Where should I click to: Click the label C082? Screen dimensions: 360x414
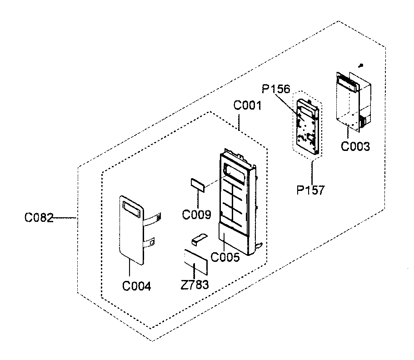[x=39, y=219]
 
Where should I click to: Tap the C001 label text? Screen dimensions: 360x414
[x=247, y=106]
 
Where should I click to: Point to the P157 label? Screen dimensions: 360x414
[x=311, y=190]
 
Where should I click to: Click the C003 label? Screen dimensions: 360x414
[x=356, y=146]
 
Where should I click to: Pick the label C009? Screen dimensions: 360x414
[x=196, y=214]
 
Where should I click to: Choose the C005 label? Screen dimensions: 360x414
[x=226, y=258]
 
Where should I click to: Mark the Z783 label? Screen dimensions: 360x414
[x=195, y=285]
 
